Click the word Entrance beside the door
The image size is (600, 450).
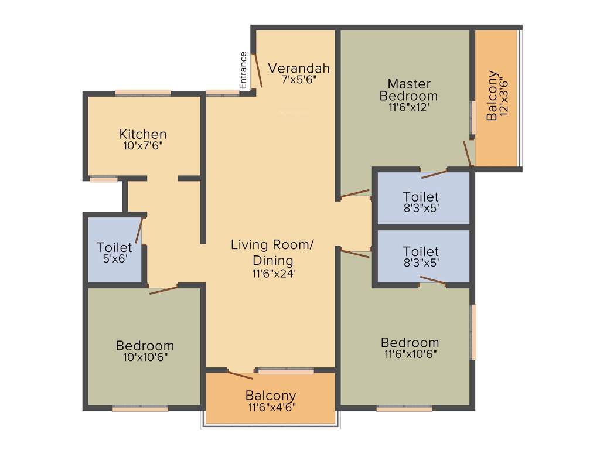click(x=243, y=70)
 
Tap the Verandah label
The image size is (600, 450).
click(x=299, y=68)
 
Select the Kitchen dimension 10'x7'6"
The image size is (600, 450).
click(x=143, y=146)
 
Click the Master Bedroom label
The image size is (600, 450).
click(x=408, y=90)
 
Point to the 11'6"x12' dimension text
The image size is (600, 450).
click(x=408, y=107)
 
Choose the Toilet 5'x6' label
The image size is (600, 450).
click(x=114, y=253)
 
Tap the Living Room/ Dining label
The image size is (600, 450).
click(x=272, y=252)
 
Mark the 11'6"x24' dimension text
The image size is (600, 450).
click(x=272, y=272)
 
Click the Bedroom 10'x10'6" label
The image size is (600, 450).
click(x=145, y=350)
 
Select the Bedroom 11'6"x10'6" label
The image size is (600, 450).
click(x=410, y=347)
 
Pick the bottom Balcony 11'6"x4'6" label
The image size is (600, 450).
click(x=271, y=401)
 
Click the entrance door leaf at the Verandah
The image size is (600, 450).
click(x=257, y=70)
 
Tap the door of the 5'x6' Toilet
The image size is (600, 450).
click(x=139, y=230)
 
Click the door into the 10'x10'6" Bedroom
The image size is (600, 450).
click(x=163, y=289)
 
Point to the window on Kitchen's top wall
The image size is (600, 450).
click(x=143, y=93)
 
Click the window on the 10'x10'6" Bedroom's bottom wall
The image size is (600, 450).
click(x=141, y=409)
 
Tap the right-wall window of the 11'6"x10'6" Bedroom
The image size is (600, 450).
click(x=473, y=332)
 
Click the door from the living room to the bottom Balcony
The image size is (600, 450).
click(x=240, y=375)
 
